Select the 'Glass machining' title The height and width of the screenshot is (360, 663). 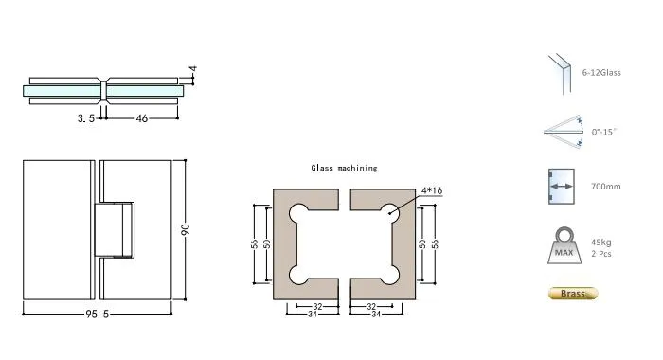[344, 168]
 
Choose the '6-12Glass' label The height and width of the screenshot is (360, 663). [601, 73]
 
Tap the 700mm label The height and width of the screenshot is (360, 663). [606, 187]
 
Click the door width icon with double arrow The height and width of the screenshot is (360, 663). [560, 187]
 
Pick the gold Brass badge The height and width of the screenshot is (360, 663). [573, 294]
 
